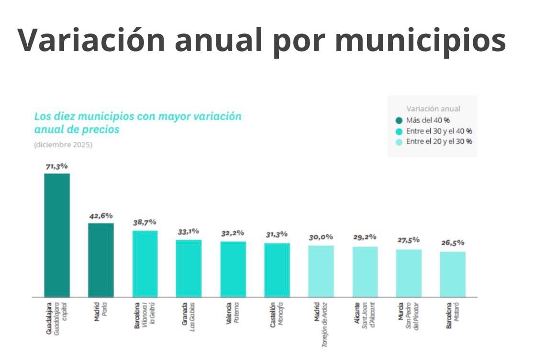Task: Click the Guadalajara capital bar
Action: coord(57,235)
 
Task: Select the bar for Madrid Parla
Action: coord(101,260)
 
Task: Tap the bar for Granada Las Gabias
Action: coord(189,268)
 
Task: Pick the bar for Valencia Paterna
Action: coord(233,269)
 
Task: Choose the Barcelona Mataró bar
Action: coord(453,274)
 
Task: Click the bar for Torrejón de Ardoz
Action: coord(321,271)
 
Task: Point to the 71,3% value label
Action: coord(57,166)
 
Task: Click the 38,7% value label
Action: coord(145,222)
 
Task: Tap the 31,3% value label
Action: coord(277,234)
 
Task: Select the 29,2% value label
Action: coord(365,237)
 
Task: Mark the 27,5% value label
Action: coord(409,240)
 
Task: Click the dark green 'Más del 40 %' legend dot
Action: coord(399,120)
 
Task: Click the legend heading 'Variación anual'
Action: coord(433,109)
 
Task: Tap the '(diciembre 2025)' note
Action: coord(63,145)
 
